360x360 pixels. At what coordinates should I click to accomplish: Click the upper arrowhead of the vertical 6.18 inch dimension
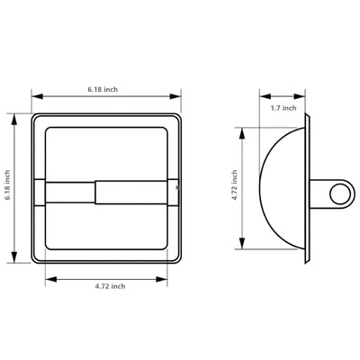click(x=16, y=117)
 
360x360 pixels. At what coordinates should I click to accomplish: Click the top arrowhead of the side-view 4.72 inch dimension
click(x=243, y=129)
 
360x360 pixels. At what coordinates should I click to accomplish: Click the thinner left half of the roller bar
click(x=70, y=192)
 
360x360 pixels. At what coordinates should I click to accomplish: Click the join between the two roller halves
click(x=96, y=192)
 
